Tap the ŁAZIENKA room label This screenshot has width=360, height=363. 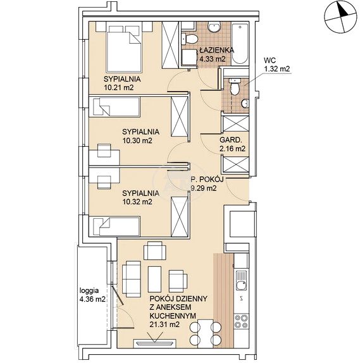(x=217, y=50)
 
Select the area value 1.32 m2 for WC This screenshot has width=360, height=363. (x=277, y=69)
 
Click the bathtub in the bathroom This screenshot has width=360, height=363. (x=240, y=43)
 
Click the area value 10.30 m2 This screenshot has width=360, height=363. (x=137, y=140)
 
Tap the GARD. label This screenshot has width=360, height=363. (x=231, y=140)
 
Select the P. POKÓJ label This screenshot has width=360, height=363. (x=207, y=180)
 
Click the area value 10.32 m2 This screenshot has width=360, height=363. (x=137, y=202)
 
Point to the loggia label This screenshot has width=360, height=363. (x=89, y=290)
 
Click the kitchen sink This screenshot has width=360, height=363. (x=242, y=281)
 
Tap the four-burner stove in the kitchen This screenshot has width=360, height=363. (x=242, y=321)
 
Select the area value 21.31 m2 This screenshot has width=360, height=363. (x=164, y=324)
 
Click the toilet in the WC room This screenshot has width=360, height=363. (x=234, y=87)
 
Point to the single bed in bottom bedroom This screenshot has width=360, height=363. (x=116, y=226)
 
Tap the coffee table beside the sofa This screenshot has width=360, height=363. (x=154, y=279)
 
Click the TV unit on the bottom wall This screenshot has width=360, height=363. (x=154, y=343)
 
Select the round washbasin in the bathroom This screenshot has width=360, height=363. (x=214, y=27)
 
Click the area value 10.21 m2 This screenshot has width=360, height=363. (x=119, y=88)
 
